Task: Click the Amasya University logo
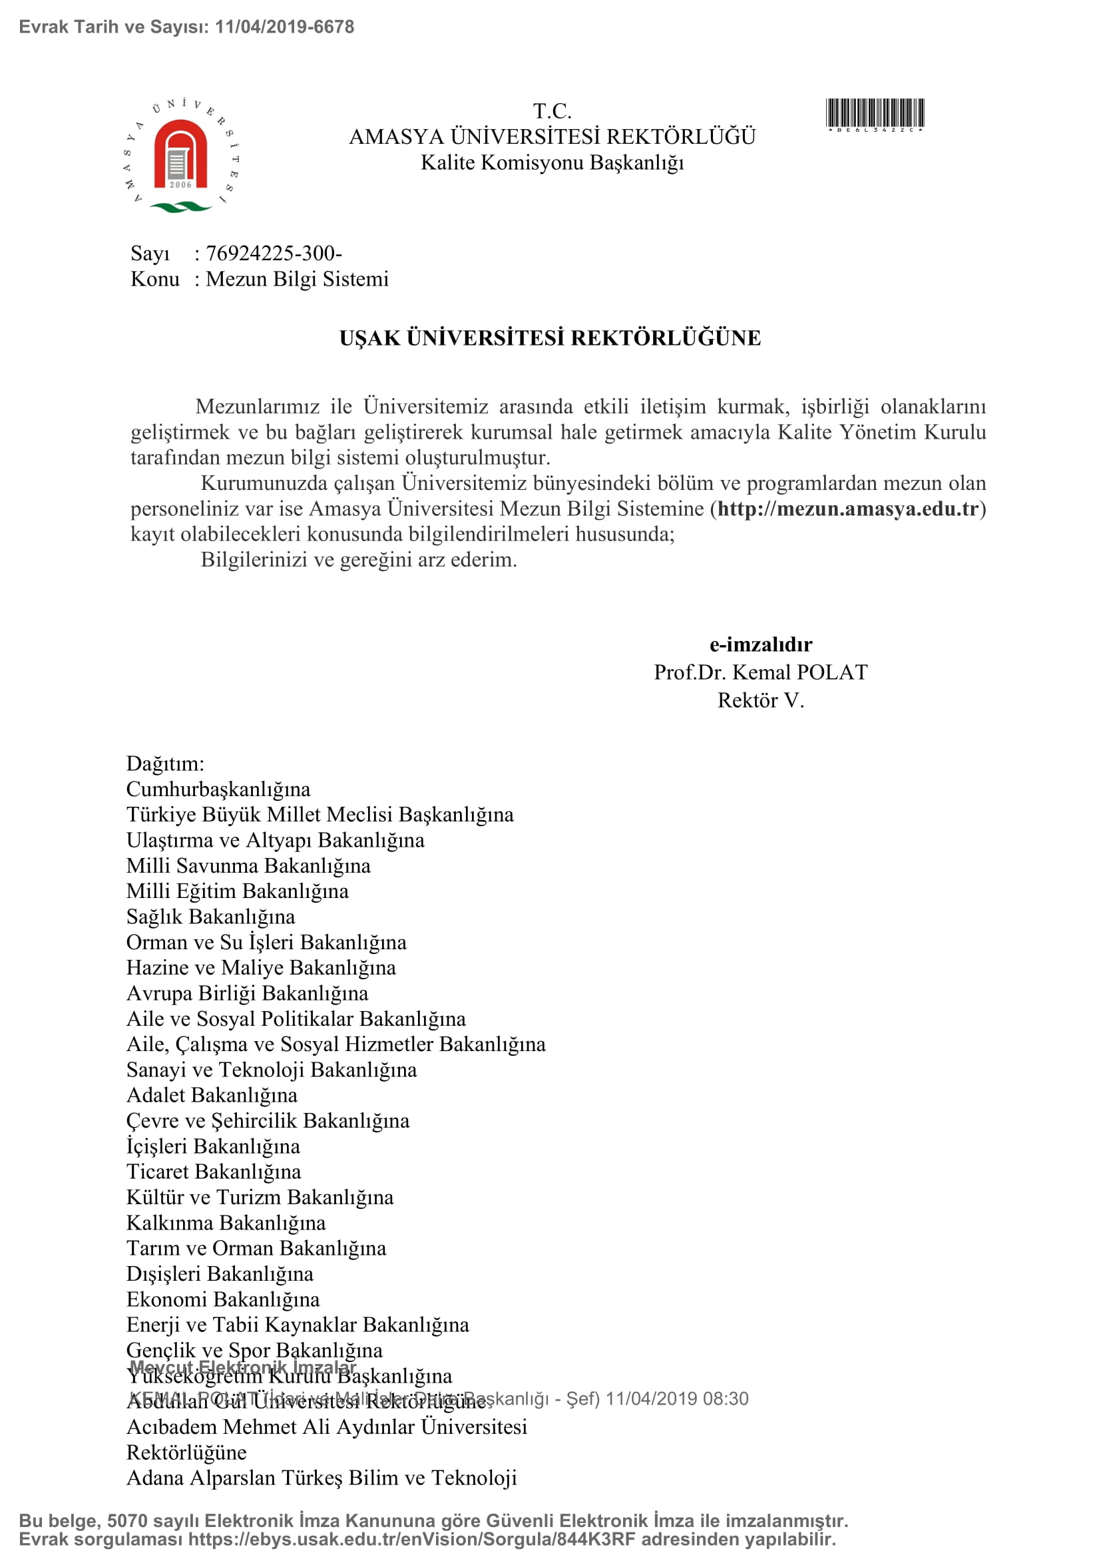click(181, 156)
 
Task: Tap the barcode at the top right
click(875, 113)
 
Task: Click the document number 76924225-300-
click(273, 254)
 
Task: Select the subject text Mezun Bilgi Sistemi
click(297, 280)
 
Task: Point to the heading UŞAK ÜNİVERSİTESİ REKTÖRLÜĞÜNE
click(550, 337)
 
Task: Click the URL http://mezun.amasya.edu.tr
click(847, 509)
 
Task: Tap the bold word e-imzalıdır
click(760, 644)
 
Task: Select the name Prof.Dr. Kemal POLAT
click(760, 672)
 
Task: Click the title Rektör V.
click(760, 700)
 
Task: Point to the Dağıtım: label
click(164, 764)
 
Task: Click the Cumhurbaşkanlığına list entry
click(218, 789)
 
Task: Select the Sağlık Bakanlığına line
click(211, 917)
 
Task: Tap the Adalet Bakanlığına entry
click(212, 1095)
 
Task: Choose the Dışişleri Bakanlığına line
click(220, 1273)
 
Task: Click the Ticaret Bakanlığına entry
click(214, 1172)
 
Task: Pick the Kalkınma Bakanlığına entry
click(226, 1223)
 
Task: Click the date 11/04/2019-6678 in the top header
click(284, 27)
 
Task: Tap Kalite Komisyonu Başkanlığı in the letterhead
click(552, 162)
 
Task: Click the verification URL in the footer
click(411, 1540)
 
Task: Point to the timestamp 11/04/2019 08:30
click(676, 1399)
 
